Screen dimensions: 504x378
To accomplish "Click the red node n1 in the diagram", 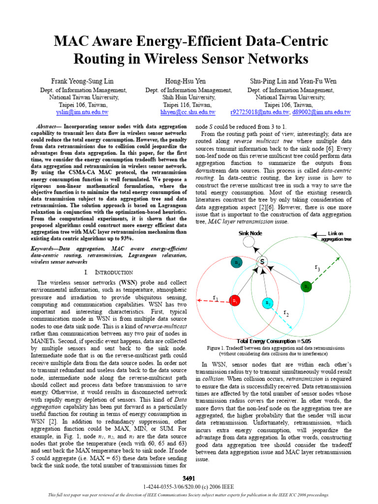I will (235, 300).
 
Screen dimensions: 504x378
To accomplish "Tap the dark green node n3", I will (306, 286).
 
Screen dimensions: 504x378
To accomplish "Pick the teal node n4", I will (237, 263).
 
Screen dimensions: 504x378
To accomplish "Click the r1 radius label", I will (216, 297).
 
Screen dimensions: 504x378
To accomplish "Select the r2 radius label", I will (286, 313).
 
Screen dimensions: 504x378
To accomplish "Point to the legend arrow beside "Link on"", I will (319, 233).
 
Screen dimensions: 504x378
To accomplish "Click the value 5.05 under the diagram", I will (304, 341).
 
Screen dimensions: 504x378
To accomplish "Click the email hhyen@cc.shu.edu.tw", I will (189, 112).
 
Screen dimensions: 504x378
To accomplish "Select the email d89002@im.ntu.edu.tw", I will (321, 112).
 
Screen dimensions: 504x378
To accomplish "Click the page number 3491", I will (189, 478).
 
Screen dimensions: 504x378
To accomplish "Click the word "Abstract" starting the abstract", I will (48, 126).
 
